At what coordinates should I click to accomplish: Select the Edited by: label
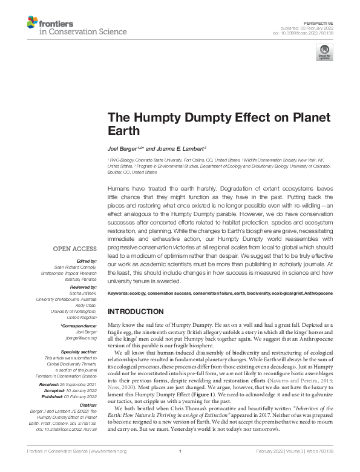pos(86,260)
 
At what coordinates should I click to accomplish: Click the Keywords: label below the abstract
pos(120,293)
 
